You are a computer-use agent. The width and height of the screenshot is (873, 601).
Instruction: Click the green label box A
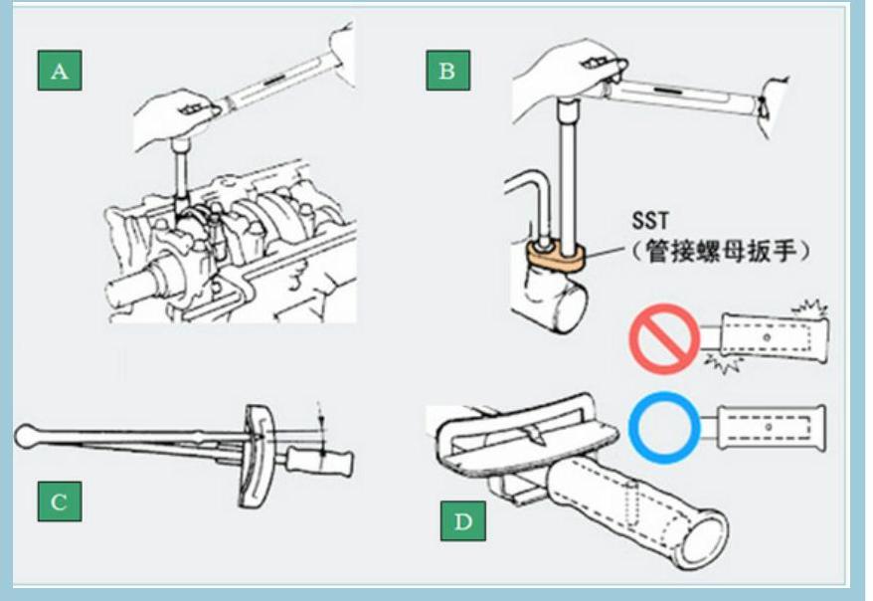59,71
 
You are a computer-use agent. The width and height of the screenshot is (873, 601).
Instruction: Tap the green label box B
447,71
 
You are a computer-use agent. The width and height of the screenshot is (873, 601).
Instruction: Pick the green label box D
463,521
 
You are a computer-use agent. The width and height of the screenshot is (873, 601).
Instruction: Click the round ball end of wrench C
28,436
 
